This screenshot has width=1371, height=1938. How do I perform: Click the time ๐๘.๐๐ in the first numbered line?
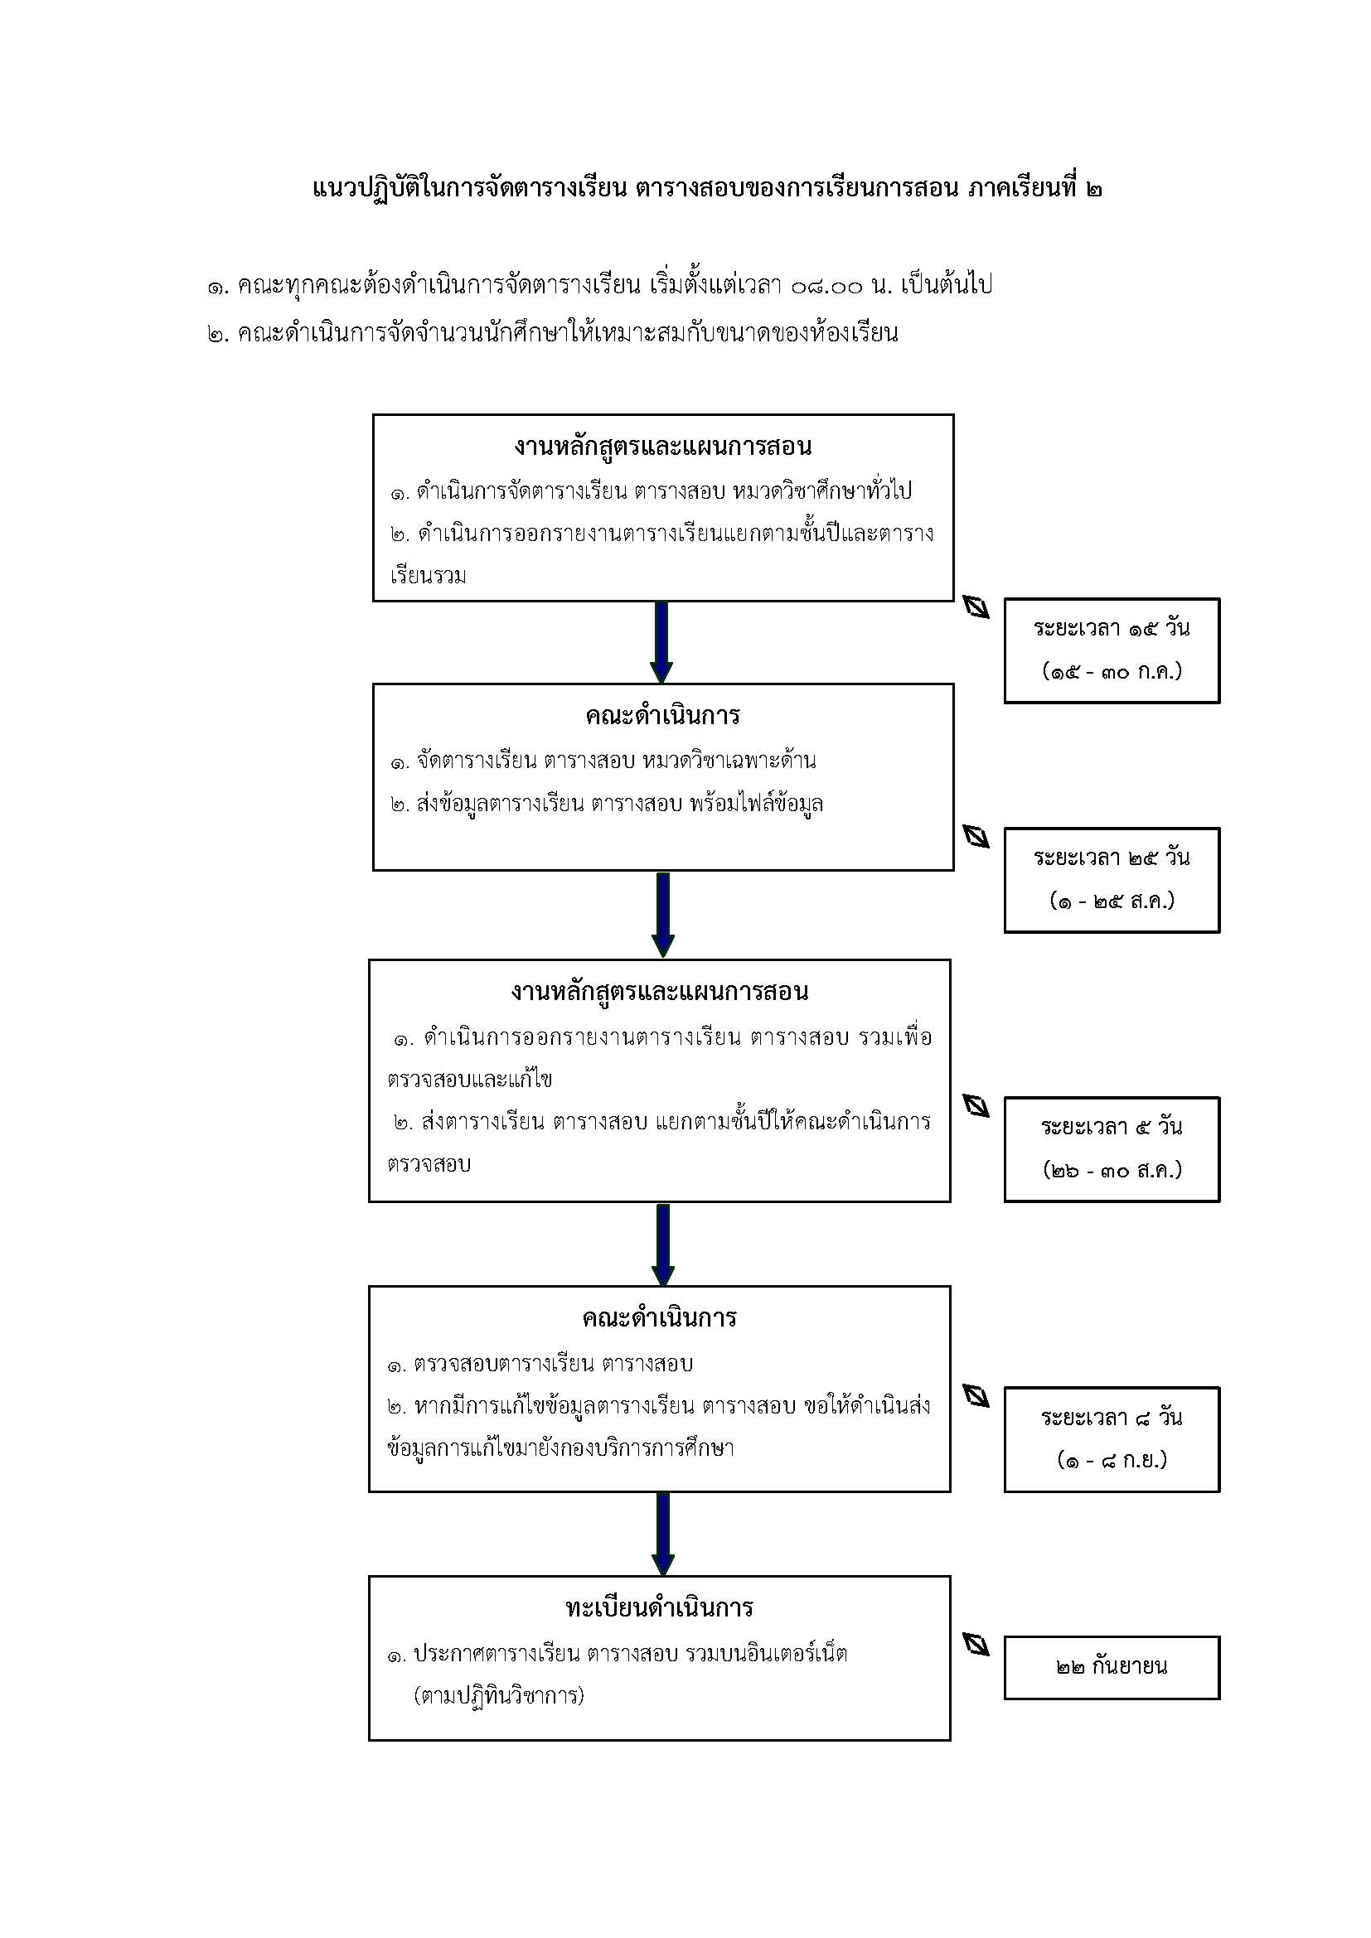[x=827, y=286]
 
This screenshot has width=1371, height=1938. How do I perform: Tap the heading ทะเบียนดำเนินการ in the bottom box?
[x=659, y=1607]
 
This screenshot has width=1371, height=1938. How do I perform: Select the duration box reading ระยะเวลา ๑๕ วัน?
[x=1112, y=650]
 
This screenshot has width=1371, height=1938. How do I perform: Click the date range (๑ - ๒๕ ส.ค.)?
[x=1112, y=901]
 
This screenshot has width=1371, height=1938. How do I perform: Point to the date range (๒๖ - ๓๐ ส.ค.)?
[x=1112, y=1171]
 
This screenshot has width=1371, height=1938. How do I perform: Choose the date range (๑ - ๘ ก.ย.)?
[x=1112, y=1459]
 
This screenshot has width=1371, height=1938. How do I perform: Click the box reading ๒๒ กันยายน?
[x=1112, y=1667]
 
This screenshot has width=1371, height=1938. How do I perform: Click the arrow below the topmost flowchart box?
[x=661, y=642]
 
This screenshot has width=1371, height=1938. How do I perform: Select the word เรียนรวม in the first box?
[x=428, y=577]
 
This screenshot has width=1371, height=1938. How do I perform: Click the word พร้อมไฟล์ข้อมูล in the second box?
[x=757, y=804]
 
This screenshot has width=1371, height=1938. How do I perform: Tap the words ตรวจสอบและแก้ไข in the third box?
[x=470, y=1080]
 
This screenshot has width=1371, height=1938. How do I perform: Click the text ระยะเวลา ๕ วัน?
[x=1112, y=1127]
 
